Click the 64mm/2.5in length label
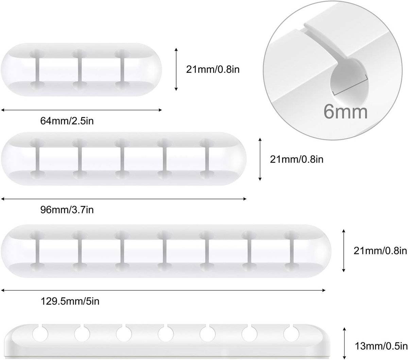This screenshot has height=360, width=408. click(67, 121)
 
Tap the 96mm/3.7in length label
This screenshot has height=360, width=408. click(67, 210)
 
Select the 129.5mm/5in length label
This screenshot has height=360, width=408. click(70, 301)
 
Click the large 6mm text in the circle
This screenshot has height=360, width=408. click(345, 112)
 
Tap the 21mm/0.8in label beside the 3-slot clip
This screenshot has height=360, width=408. click(213, 69)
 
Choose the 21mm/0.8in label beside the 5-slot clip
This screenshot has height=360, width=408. click(296, 160)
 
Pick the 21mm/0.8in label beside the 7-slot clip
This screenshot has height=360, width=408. click(380, 251)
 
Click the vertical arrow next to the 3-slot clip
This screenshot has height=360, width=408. click(176, 69)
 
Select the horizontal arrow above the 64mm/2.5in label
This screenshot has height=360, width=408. click(81, 110)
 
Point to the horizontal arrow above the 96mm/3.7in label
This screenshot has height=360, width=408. click(124, 199)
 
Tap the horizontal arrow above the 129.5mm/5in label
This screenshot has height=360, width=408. click(163, 290)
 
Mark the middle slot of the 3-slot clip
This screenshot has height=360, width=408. click(80, 69)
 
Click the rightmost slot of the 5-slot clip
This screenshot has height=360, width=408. click(207, 159)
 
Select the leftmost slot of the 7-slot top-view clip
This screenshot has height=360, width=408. click(37, 251)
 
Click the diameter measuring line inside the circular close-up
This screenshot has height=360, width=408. click(350, 85)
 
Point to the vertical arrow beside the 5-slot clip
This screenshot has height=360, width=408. click(260, 159)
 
